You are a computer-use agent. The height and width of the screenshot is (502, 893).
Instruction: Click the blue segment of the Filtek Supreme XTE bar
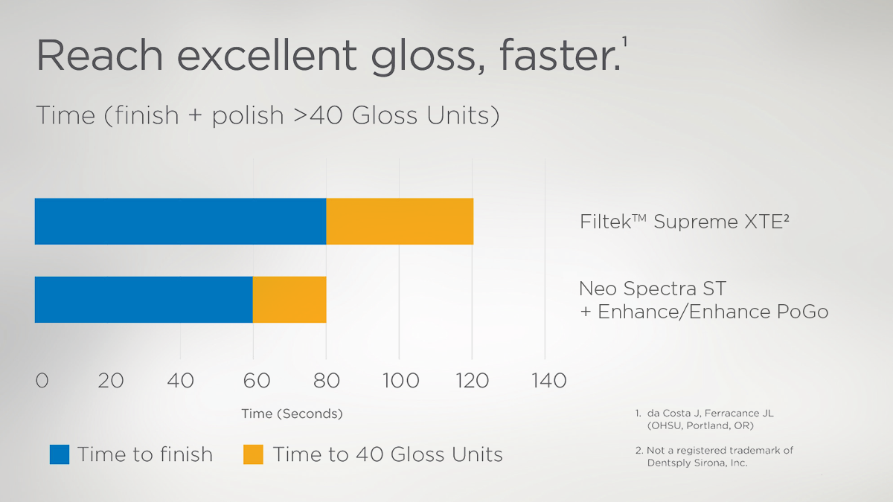(180, 222)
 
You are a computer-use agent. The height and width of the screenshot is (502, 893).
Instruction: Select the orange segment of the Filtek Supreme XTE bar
(400, 222)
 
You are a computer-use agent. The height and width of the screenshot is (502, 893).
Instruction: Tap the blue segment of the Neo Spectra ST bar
(144, 300)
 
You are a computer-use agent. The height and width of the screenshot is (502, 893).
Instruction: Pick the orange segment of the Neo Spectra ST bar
(289, 300)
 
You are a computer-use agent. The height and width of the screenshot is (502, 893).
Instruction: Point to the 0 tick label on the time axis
(42, 381)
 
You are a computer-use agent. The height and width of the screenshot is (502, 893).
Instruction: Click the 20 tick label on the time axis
(110, 381)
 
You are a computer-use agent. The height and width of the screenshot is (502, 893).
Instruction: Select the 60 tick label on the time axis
(256, 381)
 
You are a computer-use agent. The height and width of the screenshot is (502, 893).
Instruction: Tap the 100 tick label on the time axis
(401, 381)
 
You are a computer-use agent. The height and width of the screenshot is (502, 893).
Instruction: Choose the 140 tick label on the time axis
(548, 381)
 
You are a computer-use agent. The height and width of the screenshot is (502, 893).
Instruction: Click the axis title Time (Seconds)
(292, 413)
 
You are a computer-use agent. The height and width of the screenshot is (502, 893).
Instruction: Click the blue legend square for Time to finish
(60, 454)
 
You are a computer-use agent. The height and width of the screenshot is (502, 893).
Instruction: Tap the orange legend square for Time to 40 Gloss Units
(253, 454)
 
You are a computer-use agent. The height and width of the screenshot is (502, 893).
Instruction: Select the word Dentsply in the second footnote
(671, 463)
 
